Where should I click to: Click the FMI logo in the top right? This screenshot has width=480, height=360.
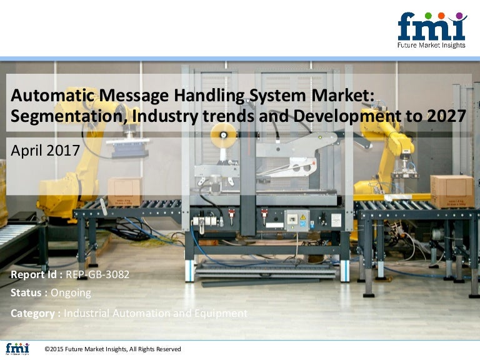[432, 27]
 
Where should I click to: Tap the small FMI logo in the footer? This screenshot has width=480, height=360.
[17, 349]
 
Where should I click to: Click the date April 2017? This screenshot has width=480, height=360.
[45, 150]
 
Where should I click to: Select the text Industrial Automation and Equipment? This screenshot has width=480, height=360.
[156, 313]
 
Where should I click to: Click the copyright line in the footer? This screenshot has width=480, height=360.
[113, 349]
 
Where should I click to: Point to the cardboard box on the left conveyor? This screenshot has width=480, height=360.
[125, 190]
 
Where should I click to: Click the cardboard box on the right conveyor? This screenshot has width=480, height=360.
[452, 191]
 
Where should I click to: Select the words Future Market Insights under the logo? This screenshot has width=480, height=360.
[432, 45]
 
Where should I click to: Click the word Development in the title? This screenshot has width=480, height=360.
[357, 116]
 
